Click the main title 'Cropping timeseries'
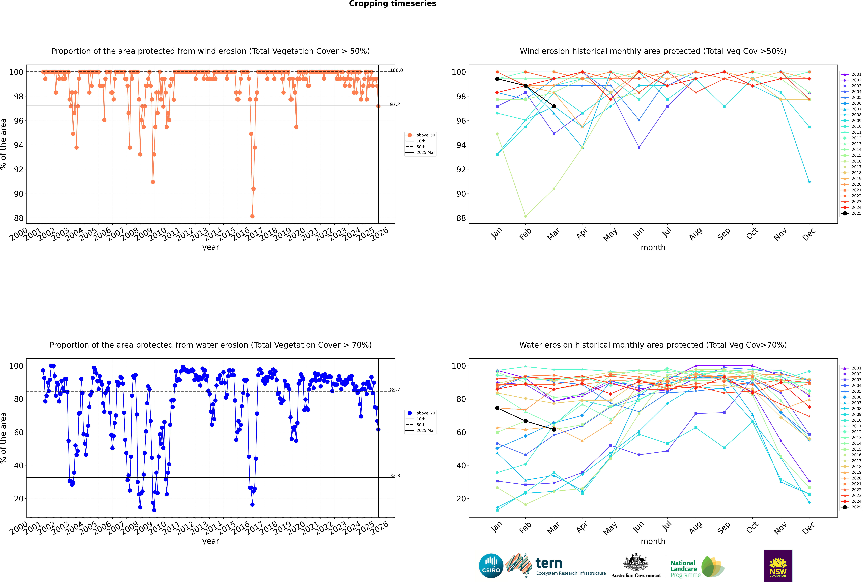click(x=393, y=4)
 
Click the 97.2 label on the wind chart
click(x=395, y=104)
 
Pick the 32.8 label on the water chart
click(x=395, y=476)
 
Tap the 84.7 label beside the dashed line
click(x=395, y=389)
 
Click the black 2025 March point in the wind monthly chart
click(x=554, y=106)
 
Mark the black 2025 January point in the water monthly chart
click(x=497, y=408)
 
